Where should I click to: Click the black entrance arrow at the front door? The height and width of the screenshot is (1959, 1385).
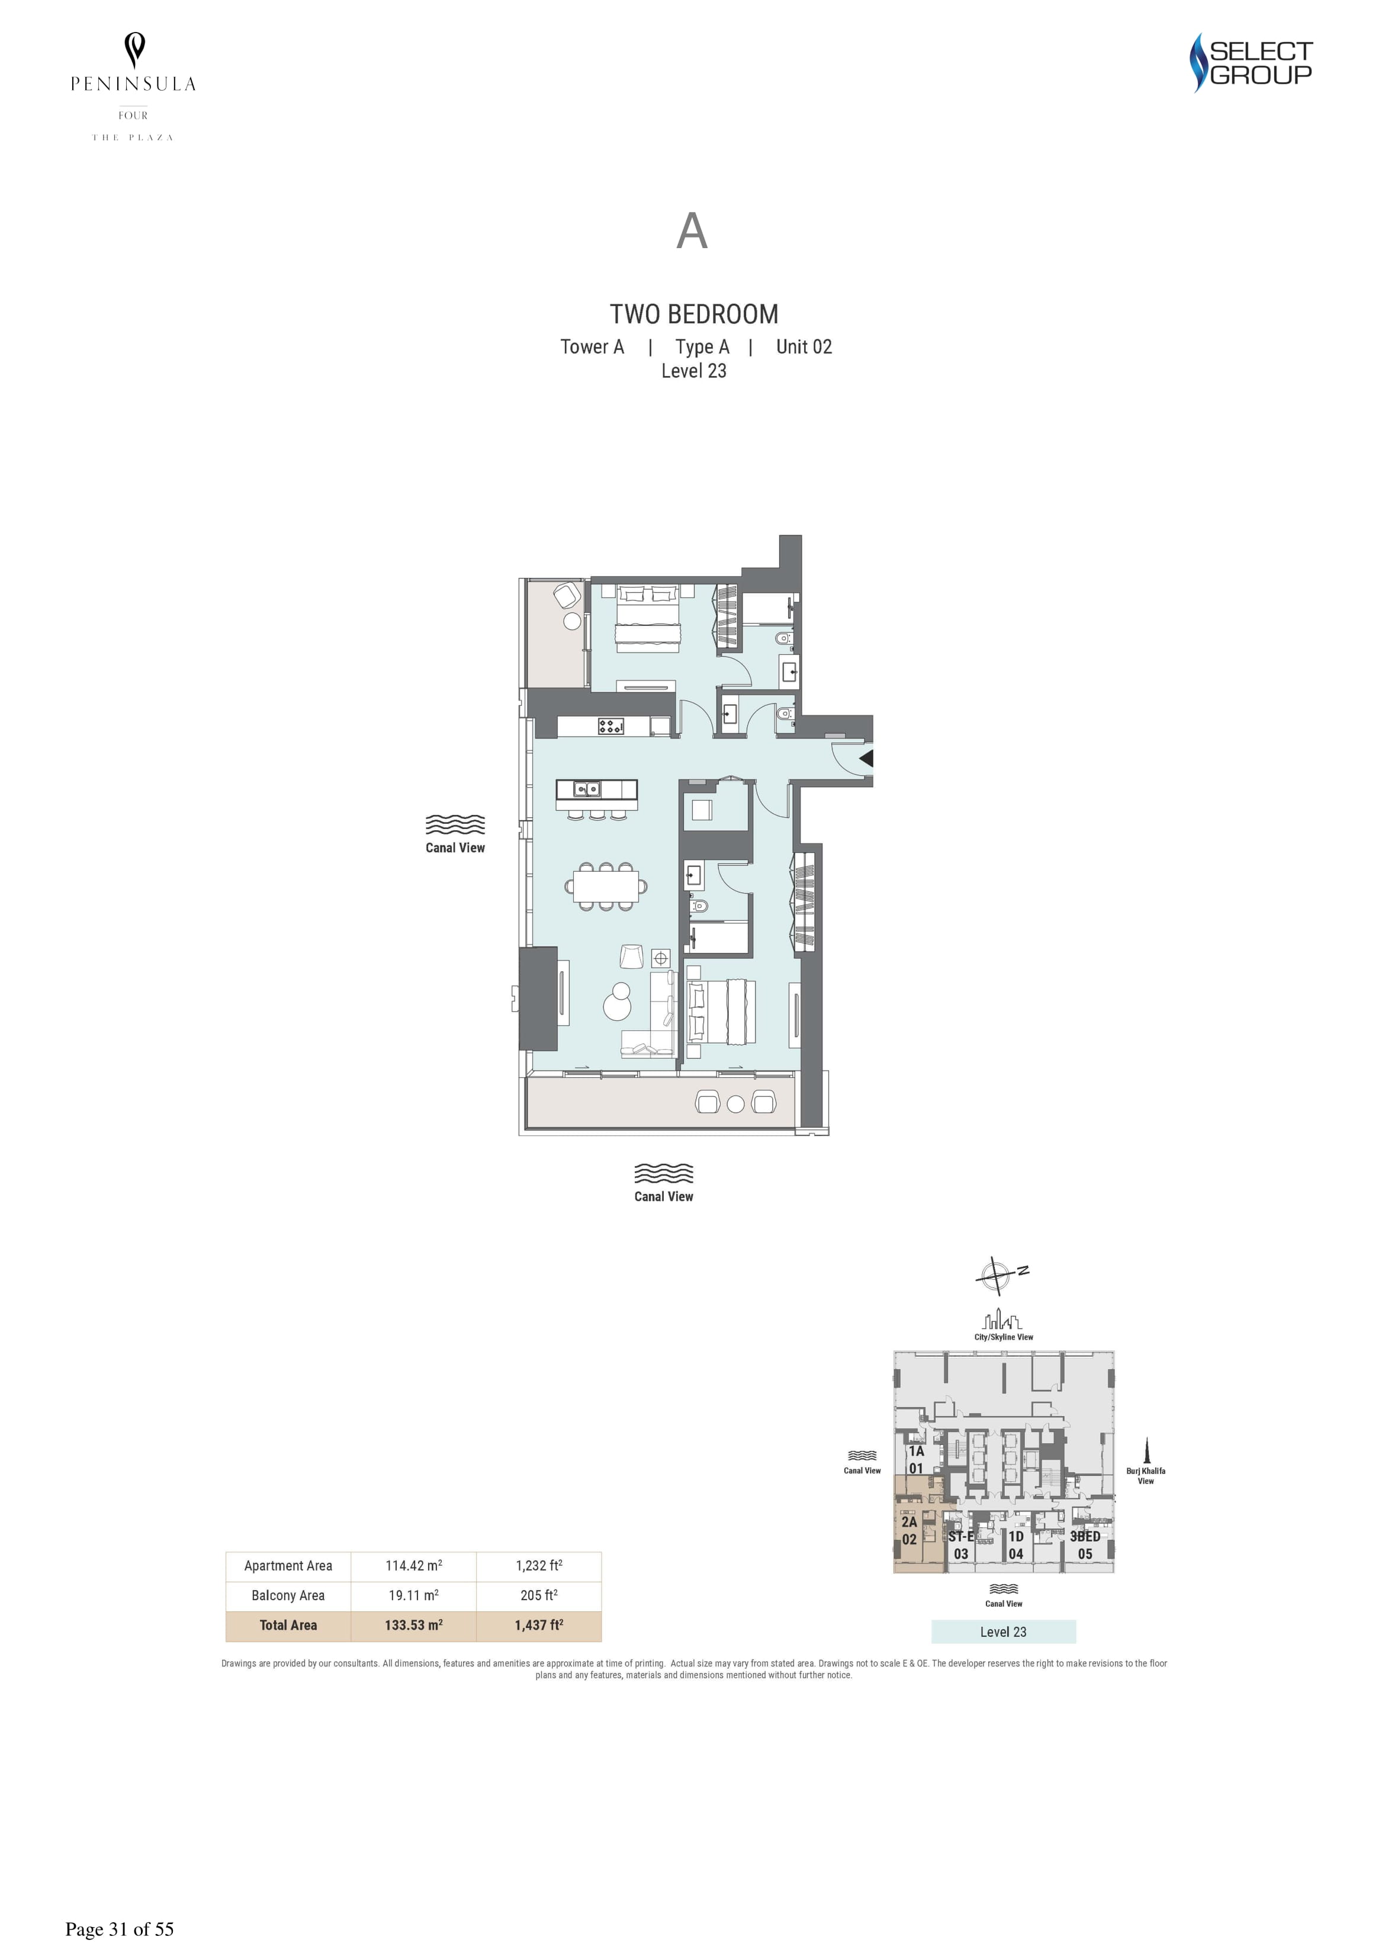tap(866, 757)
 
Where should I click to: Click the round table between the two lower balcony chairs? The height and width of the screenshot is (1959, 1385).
tap(735, 1103)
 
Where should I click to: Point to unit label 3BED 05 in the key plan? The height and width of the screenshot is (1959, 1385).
tap(1085, 1545)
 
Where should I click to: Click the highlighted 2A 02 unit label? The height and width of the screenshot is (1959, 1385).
tap(909, 1531)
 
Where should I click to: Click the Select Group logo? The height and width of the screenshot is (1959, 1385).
tap(1251, 62)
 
